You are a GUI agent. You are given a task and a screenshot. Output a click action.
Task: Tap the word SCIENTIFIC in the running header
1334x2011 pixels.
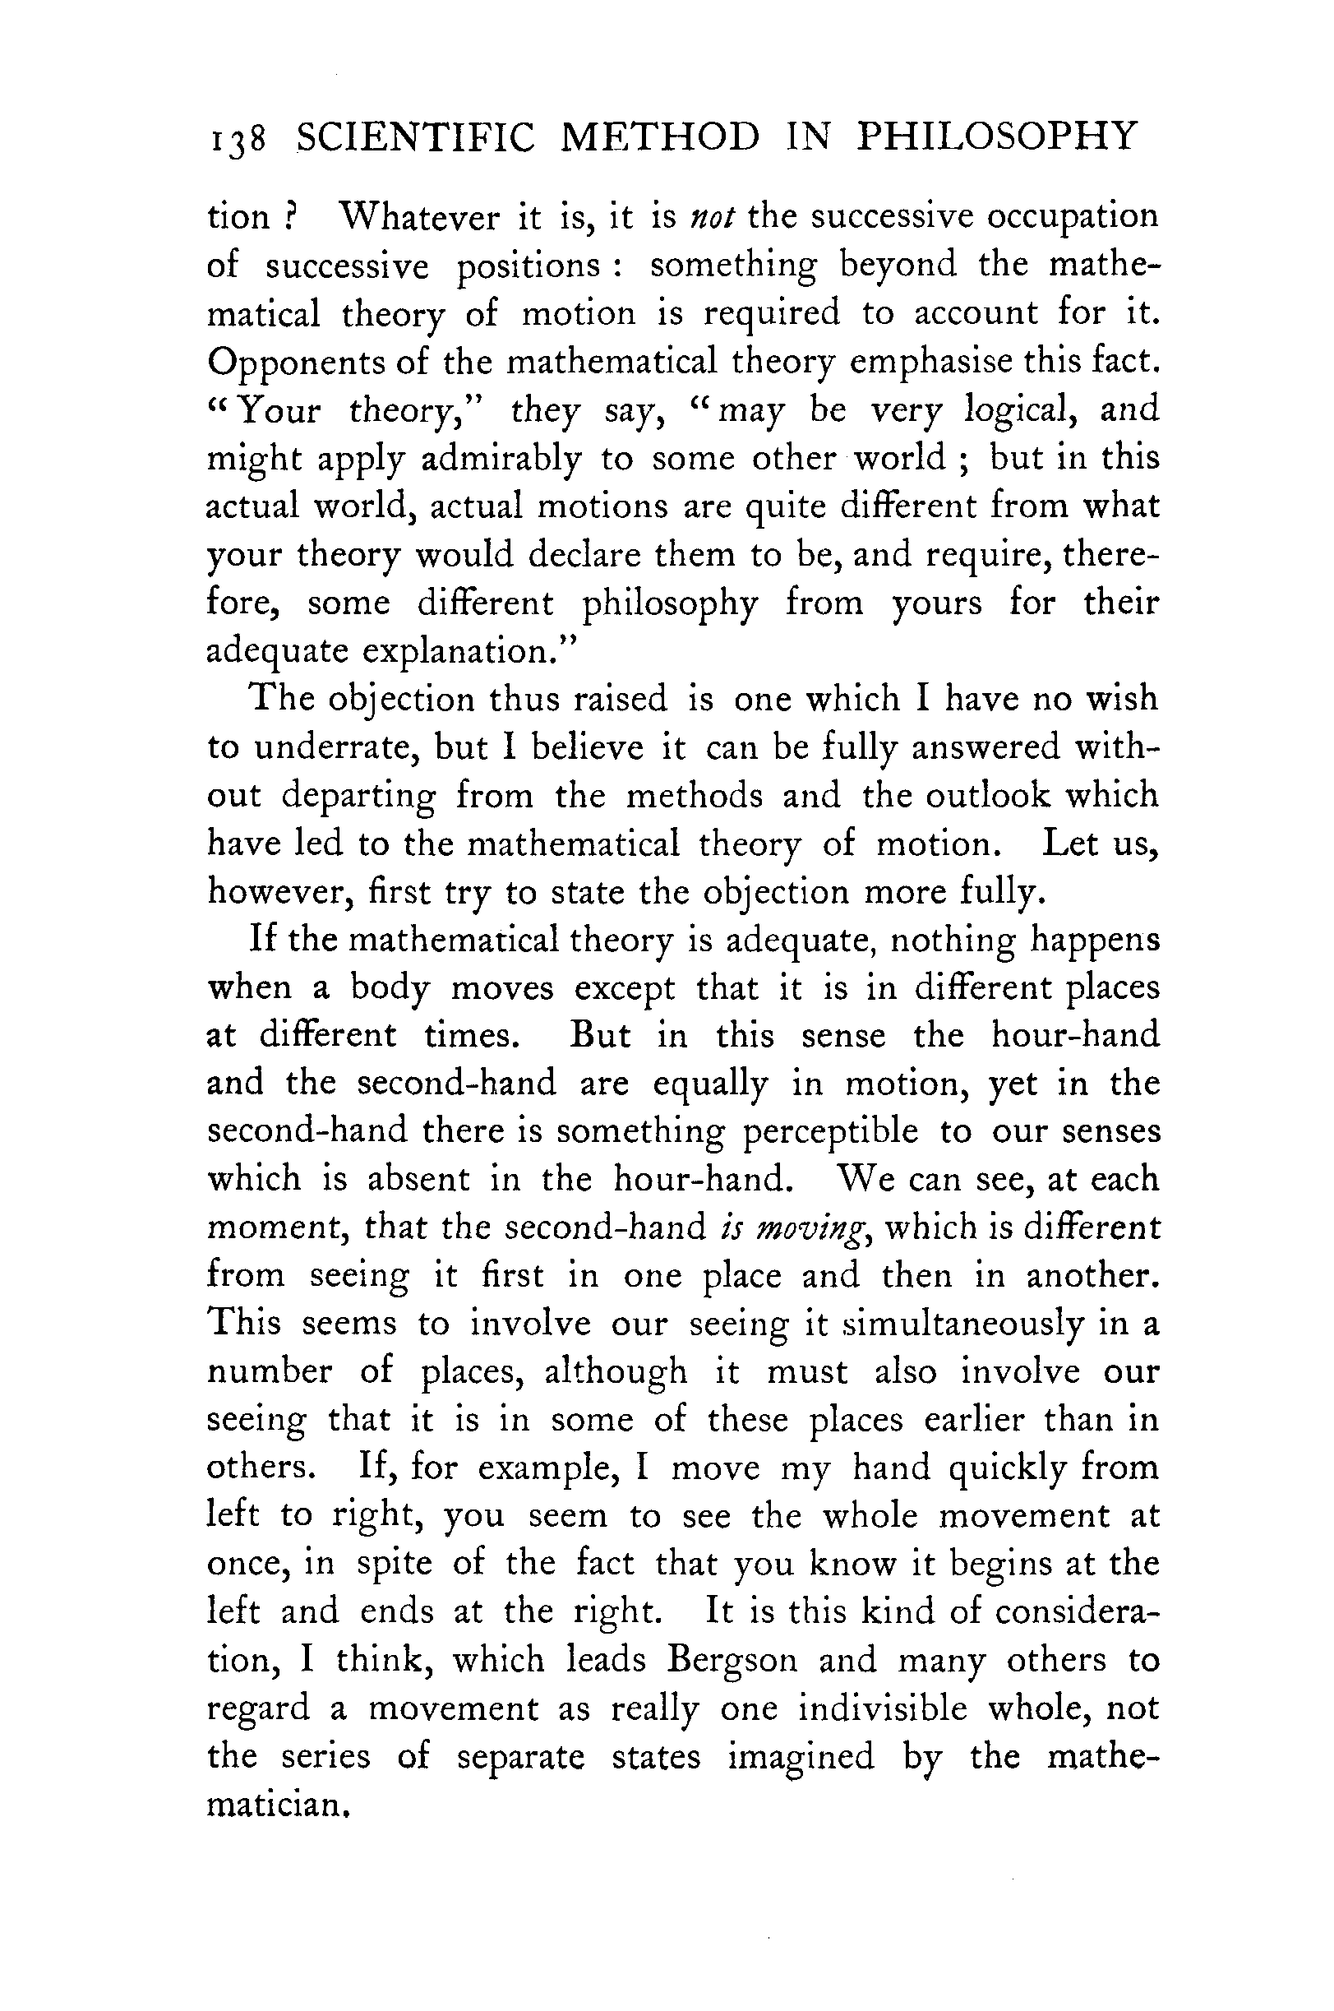coord(415,137)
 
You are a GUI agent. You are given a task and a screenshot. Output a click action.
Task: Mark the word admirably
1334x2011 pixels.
coord(501,460)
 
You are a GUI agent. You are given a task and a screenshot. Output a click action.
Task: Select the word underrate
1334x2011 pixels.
coord(336,748)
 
